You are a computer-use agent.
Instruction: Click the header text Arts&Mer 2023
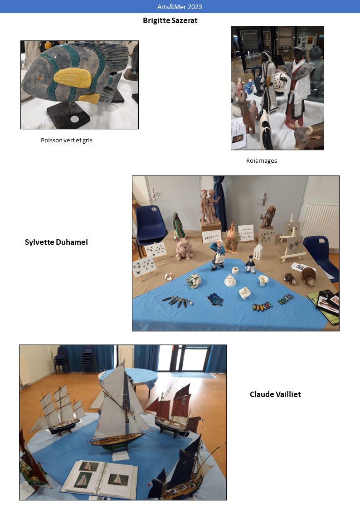coord(180,6)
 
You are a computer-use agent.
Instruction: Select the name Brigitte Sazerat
coord(170,20)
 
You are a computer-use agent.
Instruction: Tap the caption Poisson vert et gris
coord(67,140)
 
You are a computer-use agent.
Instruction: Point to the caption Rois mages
coord(261,161)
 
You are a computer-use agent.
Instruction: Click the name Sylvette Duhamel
coord(56,242)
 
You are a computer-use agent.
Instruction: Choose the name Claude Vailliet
coord(275,394)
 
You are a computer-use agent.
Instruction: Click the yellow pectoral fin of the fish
coord(73,78)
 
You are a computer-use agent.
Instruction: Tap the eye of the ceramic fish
coord(39,78)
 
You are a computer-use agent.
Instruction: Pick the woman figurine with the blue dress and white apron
coord(218,255)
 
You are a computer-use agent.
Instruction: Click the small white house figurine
coord(258,252)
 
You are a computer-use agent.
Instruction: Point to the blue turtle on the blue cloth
coord(216,299)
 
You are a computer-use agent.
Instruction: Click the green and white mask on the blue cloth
coord(194,281)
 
